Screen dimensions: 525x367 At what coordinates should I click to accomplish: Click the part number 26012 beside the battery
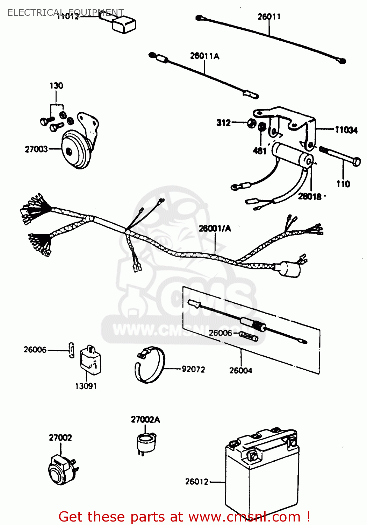pos(196,482)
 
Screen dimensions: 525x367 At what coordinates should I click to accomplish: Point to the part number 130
pos(56,86)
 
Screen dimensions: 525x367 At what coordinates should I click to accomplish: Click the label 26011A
pos(204,56)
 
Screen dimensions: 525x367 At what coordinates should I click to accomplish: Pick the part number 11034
pos(346,130)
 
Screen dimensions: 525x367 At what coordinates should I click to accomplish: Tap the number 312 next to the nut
pos(224,123)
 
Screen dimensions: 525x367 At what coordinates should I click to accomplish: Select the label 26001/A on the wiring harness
pos(215,229)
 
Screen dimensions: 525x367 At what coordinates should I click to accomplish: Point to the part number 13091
pos(86,386)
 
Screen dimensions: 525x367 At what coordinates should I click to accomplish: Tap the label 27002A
pos(145,419)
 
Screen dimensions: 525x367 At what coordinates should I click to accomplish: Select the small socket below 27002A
pos(145,442)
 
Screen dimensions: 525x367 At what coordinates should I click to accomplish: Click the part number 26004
pos(240,370)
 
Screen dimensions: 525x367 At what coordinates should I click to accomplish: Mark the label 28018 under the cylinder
pos(310,196)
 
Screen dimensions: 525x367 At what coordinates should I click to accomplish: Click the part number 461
pos(260,151)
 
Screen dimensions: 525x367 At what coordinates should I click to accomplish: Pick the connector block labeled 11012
pos(123,25)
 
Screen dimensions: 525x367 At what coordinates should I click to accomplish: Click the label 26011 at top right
pos(269,16)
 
